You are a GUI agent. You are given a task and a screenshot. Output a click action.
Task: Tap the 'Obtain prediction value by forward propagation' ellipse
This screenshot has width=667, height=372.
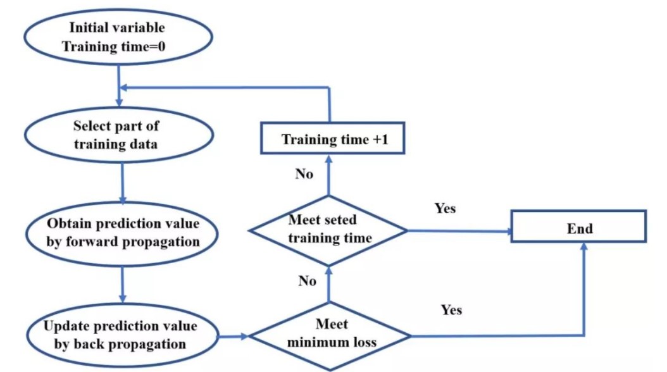[x=122, y=233]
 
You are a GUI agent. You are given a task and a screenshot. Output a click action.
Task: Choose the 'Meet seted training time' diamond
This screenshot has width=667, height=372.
[x=328, y=230]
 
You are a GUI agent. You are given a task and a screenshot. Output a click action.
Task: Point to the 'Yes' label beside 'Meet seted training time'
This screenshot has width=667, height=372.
[x=445, y=208]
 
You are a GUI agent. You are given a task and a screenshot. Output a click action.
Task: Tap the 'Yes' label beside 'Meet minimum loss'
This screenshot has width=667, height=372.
[x=451, y=309]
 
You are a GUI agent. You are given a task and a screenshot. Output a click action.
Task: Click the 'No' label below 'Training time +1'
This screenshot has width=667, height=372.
[x=304, y=174]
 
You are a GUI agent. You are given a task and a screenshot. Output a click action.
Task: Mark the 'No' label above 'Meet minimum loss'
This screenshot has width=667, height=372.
[x=307, y=281]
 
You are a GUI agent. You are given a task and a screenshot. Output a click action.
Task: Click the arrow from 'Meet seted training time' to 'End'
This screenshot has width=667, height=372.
[x=458, y=232]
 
